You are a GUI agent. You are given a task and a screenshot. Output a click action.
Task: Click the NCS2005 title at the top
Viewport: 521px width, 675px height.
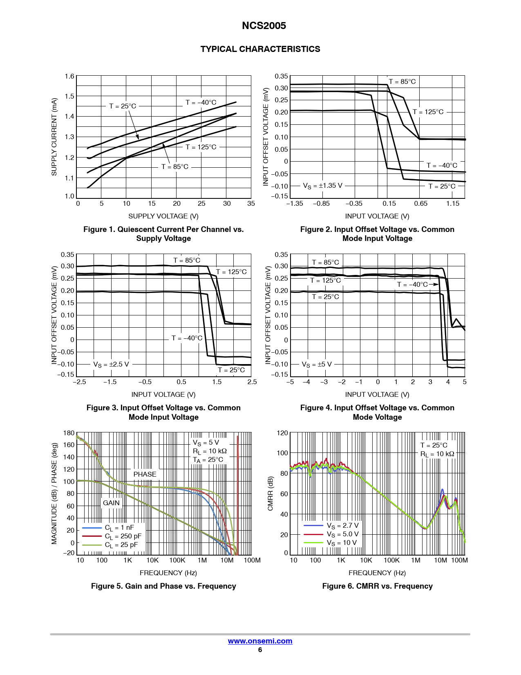click(264, 26)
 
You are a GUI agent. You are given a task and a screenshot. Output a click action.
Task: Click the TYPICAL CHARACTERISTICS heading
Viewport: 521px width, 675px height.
click(260, 49)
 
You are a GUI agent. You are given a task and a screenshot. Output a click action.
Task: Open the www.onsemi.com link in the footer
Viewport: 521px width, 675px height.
click(260, 641)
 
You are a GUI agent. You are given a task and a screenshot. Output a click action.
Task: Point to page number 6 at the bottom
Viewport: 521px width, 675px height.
click(260, 650)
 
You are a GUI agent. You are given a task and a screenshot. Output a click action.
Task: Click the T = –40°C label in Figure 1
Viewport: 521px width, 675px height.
click(201, 103)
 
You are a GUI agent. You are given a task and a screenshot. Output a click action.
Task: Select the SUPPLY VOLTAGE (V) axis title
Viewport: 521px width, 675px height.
click(163, 216)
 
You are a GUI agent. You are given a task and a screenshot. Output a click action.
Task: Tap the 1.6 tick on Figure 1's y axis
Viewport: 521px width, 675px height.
click(70, 76)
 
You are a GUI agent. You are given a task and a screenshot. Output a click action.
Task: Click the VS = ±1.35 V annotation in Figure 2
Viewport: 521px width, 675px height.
click(322, 186)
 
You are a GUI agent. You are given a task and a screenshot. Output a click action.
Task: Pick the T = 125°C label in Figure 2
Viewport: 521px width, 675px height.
click(428, 112)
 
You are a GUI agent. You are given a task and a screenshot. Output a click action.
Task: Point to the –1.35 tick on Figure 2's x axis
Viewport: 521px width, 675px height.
click(295, 204)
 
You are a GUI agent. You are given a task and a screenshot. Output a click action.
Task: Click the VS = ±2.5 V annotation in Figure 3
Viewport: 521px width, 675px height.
click(111, 364)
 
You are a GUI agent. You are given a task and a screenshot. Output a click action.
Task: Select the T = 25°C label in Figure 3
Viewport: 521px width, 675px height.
click(231, 370)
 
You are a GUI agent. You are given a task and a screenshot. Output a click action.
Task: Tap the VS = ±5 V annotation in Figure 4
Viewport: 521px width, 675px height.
click(317, 364)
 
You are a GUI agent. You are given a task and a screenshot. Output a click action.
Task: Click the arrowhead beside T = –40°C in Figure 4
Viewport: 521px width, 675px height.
click(436, 284)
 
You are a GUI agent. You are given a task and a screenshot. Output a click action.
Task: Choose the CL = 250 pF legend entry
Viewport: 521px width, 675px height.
click(123, 536)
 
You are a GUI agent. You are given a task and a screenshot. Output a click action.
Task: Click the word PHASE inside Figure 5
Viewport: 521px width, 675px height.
click(145, 475)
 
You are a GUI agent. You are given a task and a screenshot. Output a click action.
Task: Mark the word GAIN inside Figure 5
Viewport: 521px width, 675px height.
click(111, 503)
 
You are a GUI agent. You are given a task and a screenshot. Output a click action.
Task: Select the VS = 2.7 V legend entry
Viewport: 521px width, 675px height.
click(342, 526)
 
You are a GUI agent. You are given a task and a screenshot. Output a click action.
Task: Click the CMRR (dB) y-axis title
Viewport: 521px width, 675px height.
click(270, 493)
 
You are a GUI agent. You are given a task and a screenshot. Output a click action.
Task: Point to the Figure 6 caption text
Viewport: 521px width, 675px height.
click(377, 586)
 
